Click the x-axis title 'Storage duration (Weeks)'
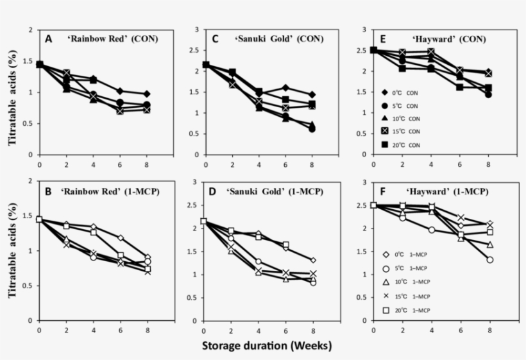pyautogui.click(x=267, y=346)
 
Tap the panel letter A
pyautogui.click(x=49, y=39)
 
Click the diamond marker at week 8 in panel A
pyautogui.click(x=147, y=94)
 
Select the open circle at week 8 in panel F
pyautogui.click(x=490, y=260)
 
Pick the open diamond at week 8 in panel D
pyautogui.click(x=313, y=260)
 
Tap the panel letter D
pyautogui.click(x=216, y=191)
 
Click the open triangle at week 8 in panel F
pyautogui.click(x=490, y=244)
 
